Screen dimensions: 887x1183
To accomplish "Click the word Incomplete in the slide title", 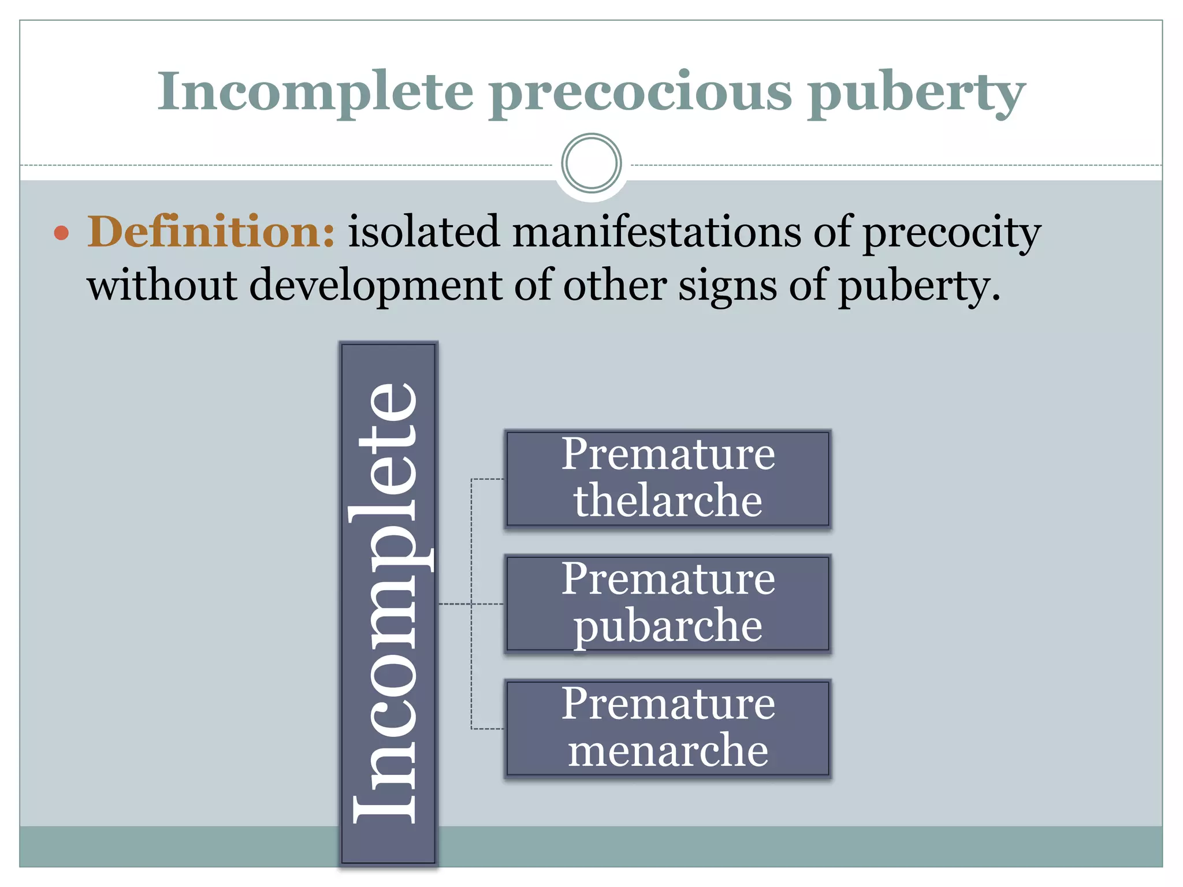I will [315, 92].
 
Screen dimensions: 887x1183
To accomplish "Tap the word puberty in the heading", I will [916, 92].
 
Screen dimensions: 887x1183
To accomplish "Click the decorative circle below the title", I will [591, 163].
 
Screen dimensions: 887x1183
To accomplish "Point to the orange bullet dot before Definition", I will [61, 233].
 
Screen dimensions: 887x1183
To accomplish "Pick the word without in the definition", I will [162, 285].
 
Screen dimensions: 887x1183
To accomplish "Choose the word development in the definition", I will [376, 285].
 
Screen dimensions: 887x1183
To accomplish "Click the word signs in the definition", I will [727, 285].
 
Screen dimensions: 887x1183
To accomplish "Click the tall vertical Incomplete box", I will [388, 603].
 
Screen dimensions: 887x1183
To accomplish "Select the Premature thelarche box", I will [668, 479].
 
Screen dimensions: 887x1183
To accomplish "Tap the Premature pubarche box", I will [668, 603].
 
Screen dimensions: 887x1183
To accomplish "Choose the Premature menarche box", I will [668, 728].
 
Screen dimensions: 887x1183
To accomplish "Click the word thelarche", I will [668, 501].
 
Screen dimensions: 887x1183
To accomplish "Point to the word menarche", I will [668, 750].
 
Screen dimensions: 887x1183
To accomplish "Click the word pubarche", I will [668, 626].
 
